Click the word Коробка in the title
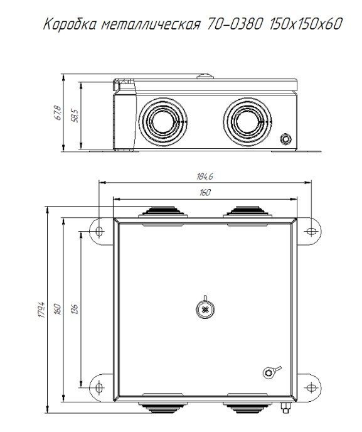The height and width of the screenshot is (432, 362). (67, 25)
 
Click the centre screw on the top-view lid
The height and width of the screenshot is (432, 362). (205, 308)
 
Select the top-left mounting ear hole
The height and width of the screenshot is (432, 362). (98, 232)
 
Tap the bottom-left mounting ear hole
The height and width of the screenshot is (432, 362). (98, 384)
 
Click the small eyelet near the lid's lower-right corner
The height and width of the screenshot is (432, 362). (268, 372)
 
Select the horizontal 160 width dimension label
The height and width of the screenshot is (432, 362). (205, 193)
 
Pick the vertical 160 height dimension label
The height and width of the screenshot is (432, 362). (58, 308)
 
